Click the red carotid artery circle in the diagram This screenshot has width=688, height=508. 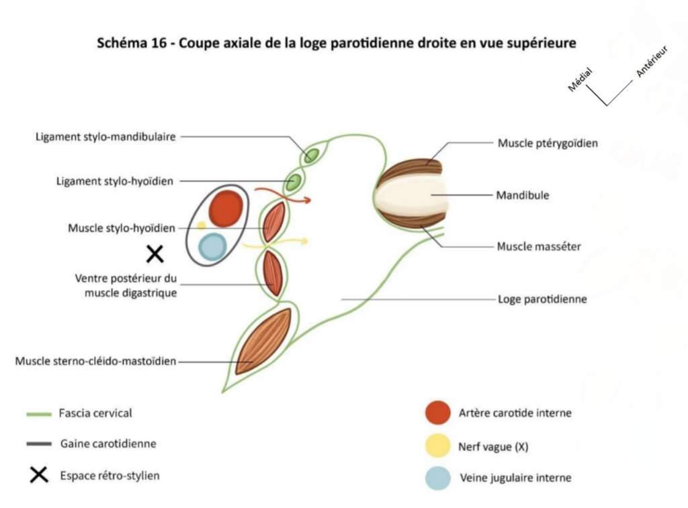[225, 208]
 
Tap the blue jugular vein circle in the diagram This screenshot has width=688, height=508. [212, 246]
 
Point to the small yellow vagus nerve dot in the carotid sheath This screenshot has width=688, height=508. [202, 225]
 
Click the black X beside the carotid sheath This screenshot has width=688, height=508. [155, 254]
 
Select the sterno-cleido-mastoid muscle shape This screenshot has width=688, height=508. [263, 340]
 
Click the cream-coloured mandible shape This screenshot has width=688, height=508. [410, 194]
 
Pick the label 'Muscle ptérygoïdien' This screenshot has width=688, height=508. [548, 143]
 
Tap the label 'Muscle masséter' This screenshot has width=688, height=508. [539, 246]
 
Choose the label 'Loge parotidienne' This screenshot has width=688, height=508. [542, 299]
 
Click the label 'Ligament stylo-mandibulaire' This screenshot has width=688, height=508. [105, 137]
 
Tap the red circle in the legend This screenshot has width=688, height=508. [438, 412]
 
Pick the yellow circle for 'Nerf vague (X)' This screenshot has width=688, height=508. [438, 446]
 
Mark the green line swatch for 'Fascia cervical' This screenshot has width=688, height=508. [39, 414]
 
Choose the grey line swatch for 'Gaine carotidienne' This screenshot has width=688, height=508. [39, 444]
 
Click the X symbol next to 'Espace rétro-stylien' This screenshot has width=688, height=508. [39, 475]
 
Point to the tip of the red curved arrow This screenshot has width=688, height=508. [310, 199]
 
